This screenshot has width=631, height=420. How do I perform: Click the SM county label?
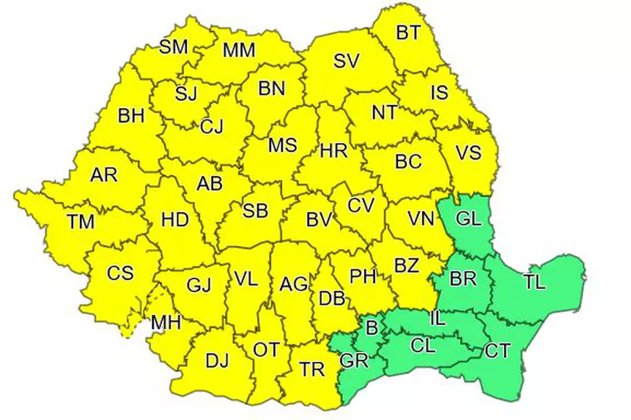pos(173,47)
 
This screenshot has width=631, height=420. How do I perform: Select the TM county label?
pos(81,222)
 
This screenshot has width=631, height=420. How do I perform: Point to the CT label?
pos(497,351)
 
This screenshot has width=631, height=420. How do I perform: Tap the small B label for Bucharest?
pos(372,329)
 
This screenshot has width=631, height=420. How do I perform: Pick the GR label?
pos(355,360)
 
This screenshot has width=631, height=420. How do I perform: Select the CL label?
pos(422,346)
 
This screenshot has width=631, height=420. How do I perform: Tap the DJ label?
pos(218,361)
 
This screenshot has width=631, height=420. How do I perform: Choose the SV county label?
pos(346,62)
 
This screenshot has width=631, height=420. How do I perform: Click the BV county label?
pos(318,218)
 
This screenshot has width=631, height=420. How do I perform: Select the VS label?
pos(469,153)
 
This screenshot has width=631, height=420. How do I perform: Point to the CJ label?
pos(212,126)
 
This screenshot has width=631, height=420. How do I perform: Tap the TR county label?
pos(313,370)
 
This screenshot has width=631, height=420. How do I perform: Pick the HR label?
pos(334,152)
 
